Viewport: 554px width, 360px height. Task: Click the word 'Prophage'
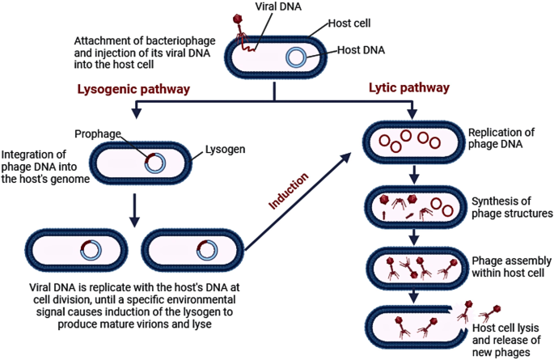point(98,133)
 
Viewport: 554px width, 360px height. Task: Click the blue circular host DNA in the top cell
point(297,57)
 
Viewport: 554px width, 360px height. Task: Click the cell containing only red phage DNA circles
point(412,141)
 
